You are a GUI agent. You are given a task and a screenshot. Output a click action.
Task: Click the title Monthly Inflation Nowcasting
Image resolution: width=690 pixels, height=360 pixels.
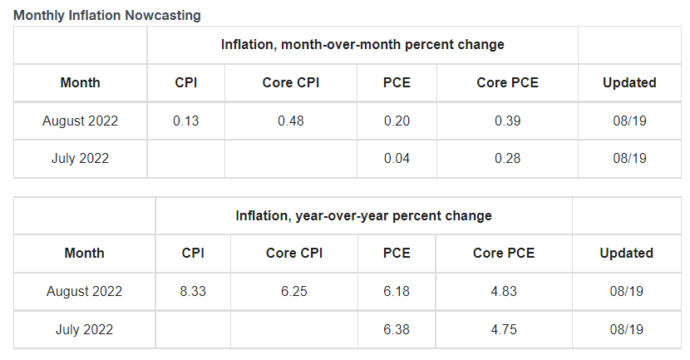click(x=107, y=16)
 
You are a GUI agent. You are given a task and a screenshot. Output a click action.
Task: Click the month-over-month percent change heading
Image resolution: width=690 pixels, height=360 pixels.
click(x=362, y=44)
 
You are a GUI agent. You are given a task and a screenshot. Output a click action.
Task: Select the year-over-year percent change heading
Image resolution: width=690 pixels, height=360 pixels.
click(x=363, y=215)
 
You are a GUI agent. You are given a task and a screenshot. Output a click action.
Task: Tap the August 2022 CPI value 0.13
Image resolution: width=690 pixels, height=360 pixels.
click(x=186, y=121)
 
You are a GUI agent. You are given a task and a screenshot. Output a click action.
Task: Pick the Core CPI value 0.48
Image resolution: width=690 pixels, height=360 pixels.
click(x=291, y=121)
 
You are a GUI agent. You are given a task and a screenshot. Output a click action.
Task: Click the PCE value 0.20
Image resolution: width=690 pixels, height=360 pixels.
click(x=397, y=121)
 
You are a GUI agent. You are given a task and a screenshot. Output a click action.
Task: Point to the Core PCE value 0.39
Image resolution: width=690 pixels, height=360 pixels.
click(x=507, y=121)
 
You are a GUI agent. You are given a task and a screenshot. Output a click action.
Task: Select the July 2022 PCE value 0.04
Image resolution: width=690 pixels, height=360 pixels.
click(x=397, y=158)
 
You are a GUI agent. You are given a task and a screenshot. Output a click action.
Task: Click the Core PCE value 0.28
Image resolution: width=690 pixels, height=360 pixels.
click(x=507, y=158)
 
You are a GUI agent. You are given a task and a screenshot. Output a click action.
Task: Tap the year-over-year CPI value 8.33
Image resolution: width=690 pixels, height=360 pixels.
click(x=193, y=291)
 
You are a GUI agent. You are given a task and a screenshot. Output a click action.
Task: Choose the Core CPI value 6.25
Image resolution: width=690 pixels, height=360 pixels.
click(x=294, y=291)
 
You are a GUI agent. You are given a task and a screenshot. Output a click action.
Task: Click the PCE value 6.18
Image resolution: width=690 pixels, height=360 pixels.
click(x=397, y=291)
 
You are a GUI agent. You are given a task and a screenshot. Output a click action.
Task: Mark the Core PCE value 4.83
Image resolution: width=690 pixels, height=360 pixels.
click(x=504, y=291)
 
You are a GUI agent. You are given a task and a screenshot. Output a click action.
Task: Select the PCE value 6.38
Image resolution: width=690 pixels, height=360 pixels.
click(x=397, y=329)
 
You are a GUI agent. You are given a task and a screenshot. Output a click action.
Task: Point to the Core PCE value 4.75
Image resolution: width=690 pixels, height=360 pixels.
click(x=504, y=329)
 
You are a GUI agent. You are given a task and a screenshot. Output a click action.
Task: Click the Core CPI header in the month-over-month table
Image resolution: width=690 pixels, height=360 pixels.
click(x=291, y=82)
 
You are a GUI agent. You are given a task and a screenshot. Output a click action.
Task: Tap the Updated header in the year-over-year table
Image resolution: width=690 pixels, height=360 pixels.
click(x=626, y=253)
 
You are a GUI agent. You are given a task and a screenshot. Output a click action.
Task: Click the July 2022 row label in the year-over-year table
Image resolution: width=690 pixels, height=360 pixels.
click(x=84, y=329)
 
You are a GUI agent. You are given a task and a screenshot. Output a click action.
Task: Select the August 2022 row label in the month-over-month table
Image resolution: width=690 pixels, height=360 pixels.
click(x=81, y=121)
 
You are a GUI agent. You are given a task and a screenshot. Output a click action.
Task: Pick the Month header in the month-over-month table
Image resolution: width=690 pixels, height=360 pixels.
click(x=81, y=82)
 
